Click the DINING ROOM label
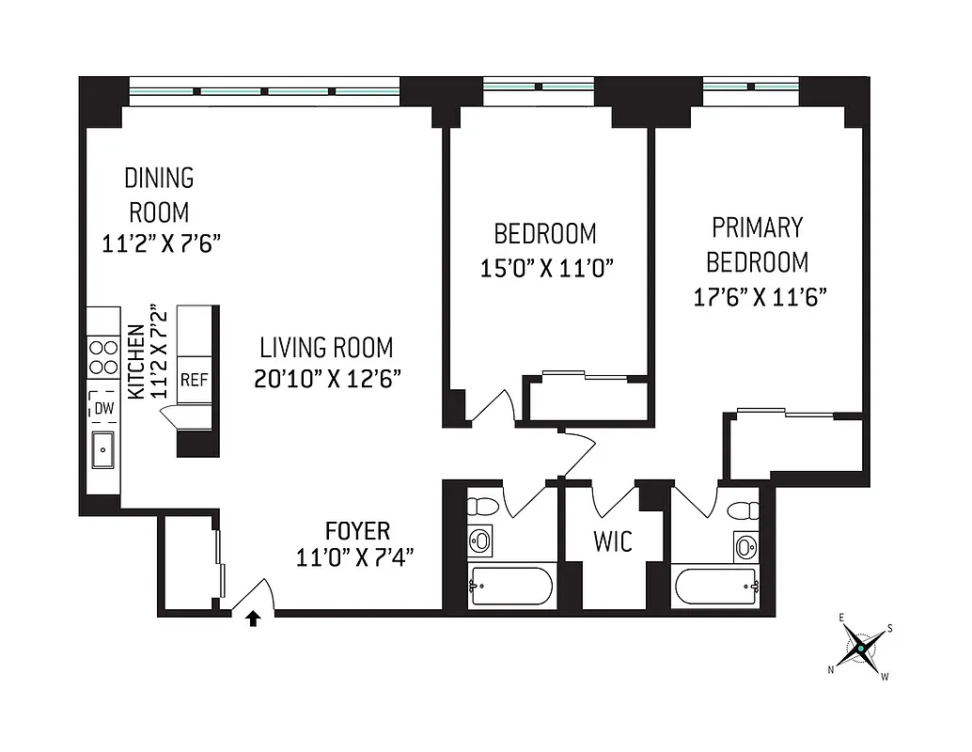[159, 194]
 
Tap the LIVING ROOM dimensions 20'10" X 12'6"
[327, 379]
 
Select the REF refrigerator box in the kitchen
[194, 380]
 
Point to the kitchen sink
[102, 450]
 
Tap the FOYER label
[357, 530]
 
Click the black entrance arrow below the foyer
[253, 619]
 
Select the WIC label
[612, 541]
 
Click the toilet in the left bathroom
[483, 505]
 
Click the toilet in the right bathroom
[745, 510]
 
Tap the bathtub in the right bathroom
[716, 587]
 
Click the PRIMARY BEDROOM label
[757, 243]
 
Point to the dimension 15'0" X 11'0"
[546, 269]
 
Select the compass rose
[859, 649]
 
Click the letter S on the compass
[890, 629]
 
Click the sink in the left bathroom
[480, 540]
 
